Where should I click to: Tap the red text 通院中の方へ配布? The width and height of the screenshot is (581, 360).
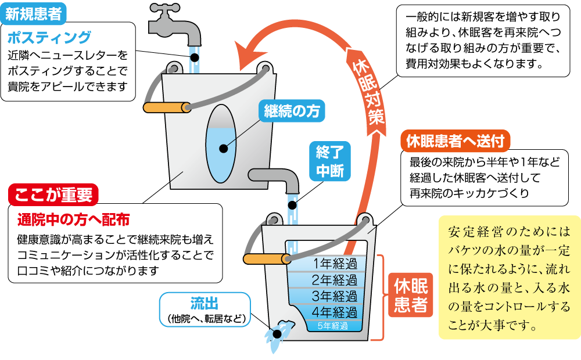coord(73,219)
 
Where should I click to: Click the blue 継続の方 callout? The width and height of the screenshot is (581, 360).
coord(292,111)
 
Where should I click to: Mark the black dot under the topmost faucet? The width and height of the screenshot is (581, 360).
coord(194,58)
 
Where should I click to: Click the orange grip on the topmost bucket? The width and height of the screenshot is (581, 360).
coord(166,107)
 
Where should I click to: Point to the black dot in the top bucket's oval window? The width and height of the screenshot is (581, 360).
coord(224,149)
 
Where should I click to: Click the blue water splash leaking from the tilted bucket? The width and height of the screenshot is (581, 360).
coord(278,332)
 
